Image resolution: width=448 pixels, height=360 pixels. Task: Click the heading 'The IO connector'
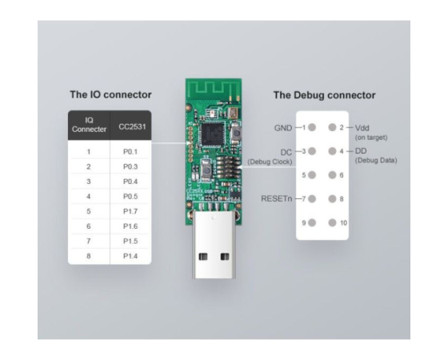110,94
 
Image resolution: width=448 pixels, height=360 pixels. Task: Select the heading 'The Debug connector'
324,95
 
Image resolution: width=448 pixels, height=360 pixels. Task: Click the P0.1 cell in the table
130,152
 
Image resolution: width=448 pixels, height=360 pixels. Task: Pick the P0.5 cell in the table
130,197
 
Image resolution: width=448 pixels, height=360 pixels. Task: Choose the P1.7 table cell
130,211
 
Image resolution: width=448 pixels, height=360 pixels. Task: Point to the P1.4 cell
130,256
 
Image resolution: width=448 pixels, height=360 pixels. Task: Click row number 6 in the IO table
89,226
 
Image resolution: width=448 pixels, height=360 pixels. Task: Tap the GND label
283,128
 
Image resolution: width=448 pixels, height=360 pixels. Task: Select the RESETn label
277,198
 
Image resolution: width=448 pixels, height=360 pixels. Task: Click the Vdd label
362,128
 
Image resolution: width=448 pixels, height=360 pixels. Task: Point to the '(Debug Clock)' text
270,162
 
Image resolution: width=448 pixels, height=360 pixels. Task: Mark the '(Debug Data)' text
376,160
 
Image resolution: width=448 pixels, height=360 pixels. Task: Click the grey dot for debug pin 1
312,127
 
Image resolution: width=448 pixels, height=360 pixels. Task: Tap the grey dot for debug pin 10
332,222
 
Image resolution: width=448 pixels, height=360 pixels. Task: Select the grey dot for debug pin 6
332,175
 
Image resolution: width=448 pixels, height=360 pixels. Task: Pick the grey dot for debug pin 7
312,198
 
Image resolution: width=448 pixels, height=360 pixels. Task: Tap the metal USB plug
214,244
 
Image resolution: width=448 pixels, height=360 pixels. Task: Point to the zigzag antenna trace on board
214,87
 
